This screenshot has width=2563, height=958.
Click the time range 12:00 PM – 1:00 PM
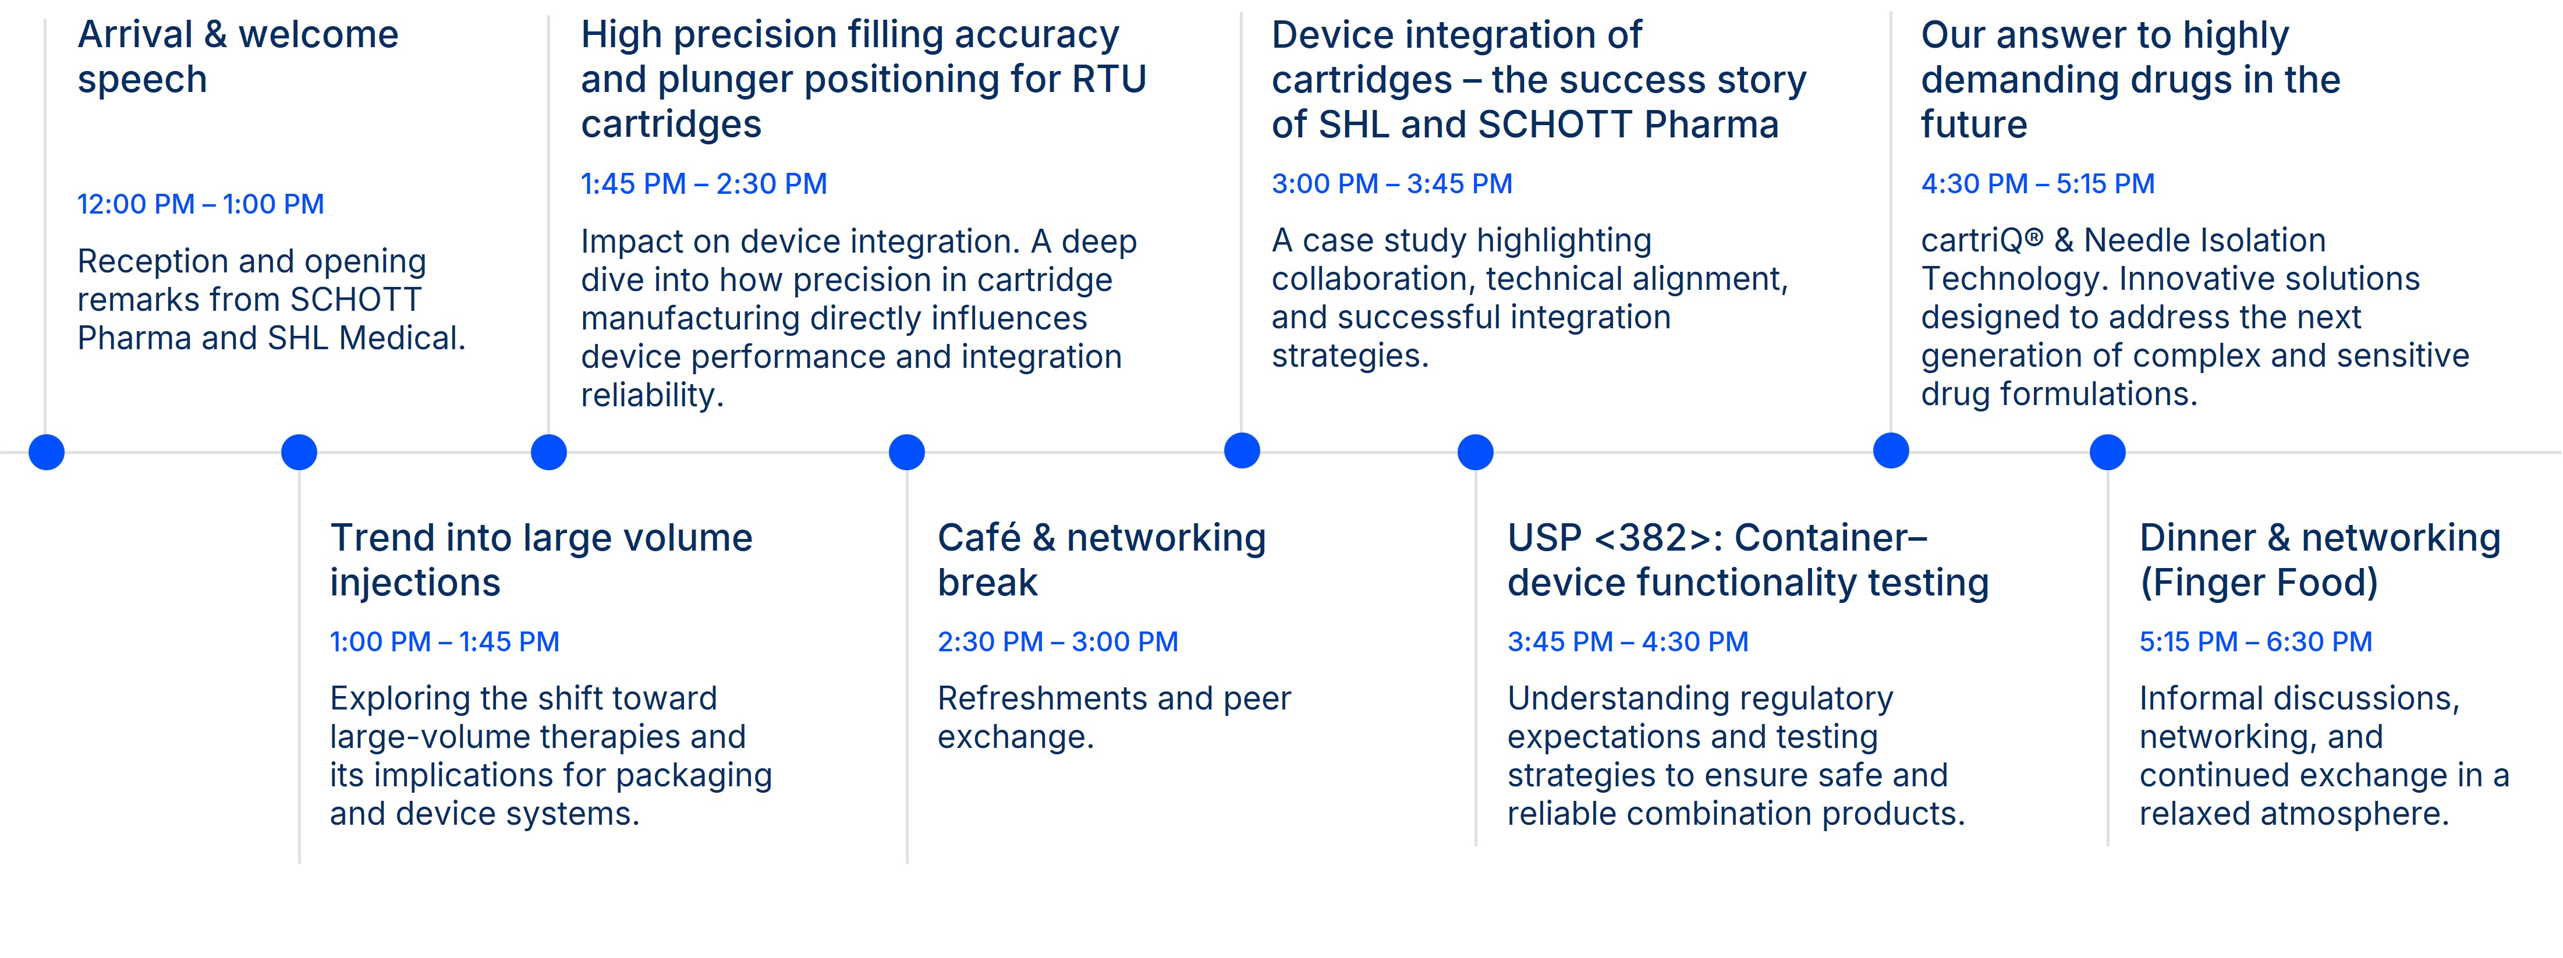coord(201,204)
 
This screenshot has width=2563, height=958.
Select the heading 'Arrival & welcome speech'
coord(238,56)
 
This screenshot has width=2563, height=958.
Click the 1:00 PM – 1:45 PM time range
coord(445,641)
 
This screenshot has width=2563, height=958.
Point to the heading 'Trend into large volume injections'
coord(541,560)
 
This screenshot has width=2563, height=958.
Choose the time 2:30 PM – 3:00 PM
coord(1058,641)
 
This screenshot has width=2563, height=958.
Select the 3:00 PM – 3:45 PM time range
coord(1392,184)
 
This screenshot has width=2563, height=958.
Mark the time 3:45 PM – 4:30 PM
coord(1628,641)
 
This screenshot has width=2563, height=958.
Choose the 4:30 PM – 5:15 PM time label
coord(2038,184)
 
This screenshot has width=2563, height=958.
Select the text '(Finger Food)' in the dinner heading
coord(2259,583)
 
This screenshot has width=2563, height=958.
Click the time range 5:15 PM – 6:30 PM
coord(2256,641)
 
